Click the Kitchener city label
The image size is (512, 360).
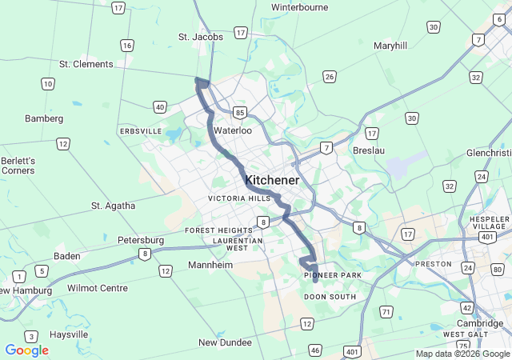pyautogui.click(x=273, y=181)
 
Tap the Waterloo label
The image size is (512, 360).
pyautogui.click(x=233, y=130)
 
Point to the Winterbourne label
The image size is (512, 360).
pyautogui.click(x=300, y=7)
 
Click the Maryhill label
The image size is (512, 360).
pyautogui.click(x=390, y=46)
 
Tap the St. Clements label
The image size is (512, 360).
pyautogui.click(x=86, y=64)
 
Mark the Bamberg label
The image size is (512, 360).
pyautogui.click(x=44, y=118)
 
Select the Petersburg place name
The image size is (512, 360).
pyautogui.click(x=141, y=240)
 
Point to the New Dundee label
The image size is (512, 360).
pyautogui.click(x=226, y=342)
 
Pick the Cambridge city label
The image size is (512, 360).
pyautogui.click(x=480, y=323)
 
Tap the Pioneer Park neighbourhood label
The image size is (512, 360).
pyautogui.click(x=333, y=275)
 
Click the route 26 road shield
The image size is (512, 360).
pyautogui.click(x=329, y=77)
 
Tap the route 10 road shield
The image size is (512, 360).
pyautogui.click(x=48, y=83)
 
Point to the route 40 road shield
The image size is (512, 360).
pyautogui.click(x=160, y=106)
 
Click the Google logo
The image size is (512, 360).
pyautogui.click(x=26, y=350)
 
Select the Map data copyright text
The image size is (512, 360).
pyautogui.click(x=462, y=354)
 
